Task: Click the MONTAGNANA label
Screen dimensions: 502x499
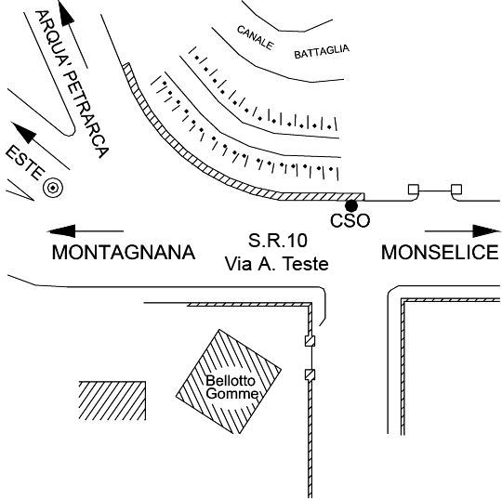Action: [x=124, y=252]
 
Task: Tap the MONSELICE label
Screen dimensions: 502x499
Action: [x=440, y=252]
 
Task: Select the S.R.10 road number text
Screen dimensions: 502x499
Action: [x=278, y=241]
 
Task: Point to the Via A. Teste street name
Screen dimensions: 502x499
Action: [x=277, y=264]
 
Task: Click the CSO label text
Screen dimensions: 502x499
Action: [x=350, y=220]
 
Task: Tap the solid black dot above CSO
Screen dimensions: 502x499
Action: [x=351, y=205]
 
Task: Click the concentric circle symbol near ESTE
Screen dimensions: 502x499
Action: [x=53, y=188]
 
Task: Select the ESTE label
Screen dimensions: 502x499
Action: [x=25, y=163]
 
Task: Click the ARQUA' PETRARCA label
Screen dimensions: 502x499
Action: [x=72, y=84]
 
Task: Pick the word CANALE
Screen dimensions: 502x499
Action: [x=256, y=38]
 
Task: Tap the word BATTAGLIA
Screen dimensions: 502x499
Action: [x=322, y=51]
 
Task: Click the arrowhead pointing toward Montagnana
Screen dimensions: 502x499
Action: [x=61, y=230]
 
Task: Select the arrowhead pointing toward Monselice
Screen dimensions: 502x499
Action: [x=486, y=230]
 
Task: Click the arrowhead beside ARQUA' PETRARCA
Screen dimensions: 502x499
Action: [x=66, y=13]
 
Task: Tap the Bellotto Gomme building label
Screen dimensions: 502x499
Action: [x=231, y=387]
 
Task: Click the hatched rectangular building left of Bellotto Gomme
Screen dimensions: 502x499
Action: [x=112, y=401]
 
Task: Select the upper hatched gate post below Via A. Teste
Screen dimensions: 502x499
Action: [x=310, y=340]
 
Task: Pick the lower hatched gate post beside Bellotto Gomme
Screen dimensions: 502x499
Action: [x=310, y=374]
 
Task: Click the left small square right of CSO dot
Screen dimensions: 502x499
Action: [x=414, y=190]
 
